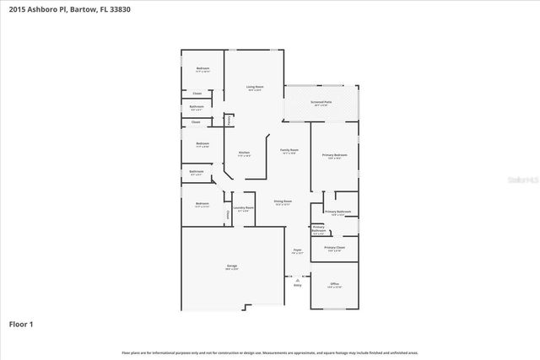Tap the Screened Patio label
pos(321,102)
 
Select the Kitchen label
pos(244,153)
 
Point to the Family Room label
pos(289,149)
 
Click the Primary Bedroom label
pos(334,155)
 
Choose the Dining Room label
pos(283,201)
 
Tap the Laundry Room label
pos(244,207)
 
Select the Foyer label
pos(297,250)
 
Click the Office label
pos(334,283)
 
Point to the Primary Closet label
pos(334,247)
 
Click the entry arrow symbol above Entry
pos(297,279)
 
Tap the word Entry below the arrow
pos(297,286)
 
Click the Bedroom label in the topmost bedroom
pos(202,68)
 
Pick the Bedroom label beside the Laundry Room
pos(202,203)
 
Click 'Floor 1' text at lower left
pos(21,324)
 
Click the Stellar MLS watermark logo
pos(516,180)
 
